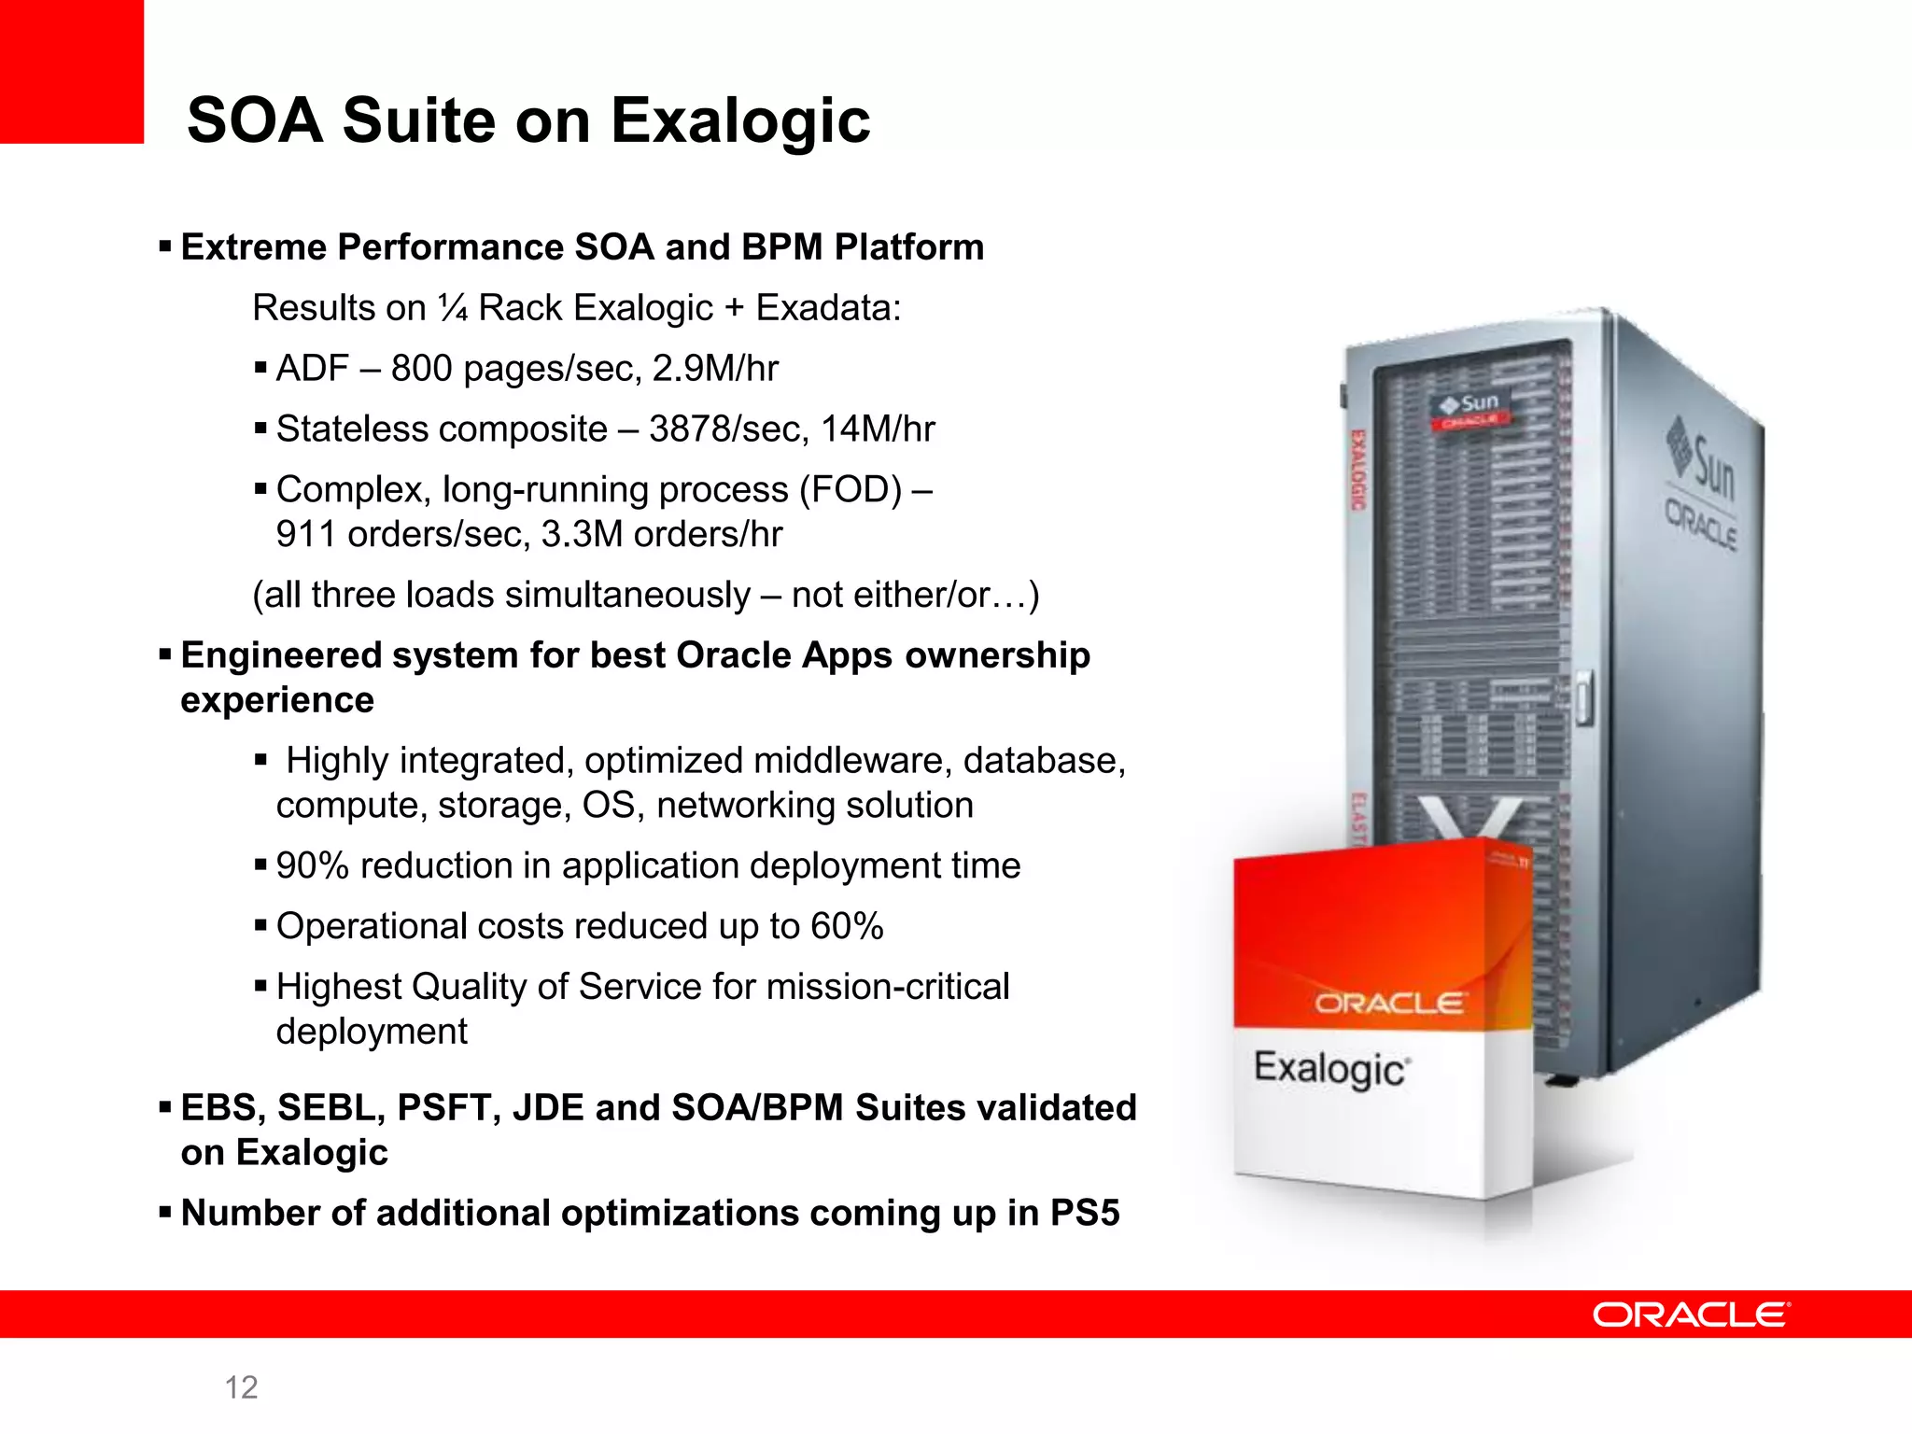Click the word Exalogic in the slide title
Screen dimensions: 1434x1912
[739, 121]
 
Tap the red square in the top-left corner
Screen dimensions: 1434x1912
[71, 71]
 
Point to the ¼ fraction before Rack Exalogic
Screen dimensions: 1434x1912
[454, 308]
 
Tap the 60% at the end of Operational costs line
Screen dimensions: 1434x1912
[846, 927]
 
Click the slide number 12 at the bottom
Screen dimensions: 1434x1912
[241, 1387]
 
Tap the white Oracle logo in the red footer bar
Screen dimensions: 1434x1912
[1691, 1314]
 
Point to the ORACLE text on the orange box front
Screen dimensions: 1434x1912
[1389, 1004]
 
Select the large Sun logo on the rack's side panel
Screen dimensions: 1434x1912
[1703, 462]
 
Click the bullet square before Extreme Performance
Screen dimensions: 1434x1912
[165, 247]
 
